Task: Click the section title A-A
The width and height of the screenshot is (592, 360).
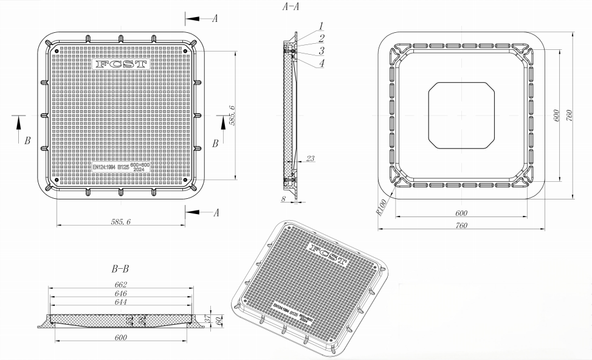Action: click(x=291, y=7)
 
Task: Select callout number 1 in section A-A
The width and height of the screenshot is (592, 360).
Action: click(x=321, y=27)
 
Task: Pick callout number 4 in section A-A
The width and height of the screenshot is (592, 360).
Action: click(x=321, y=62)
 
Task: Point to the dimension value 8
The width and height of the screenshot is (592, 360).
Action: click(x=283, y=198)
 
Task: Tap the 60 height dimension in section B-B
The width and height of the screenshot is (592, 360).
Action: click(x=218, y=320)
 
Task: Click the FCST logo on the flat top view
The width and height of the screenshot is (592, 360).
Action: click(x=121, y=64)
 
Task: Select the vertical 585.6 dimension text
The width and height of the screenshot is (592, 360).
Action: click(x=232, y=115)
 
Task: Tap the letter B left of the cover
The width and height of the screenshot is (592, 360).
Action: click(x=27, y=141)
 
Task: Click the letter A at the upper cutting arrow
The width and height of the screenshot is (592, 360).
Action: click(x=215, y=18)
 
